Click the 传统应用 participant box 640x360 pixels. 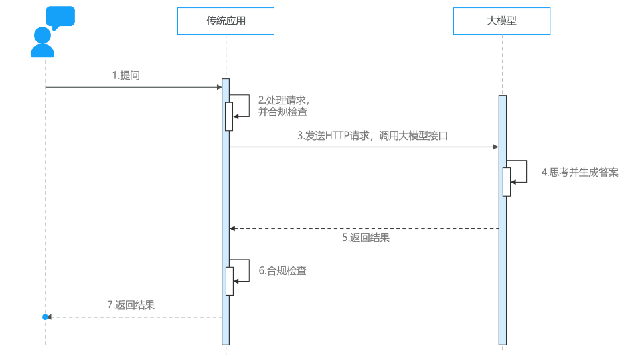226,21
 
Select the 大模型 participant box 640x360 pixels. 501,21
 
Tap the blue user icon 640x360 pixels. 43,42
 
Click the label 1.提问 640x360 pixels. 126,76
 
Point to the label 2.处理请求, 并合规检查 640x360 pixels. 283,106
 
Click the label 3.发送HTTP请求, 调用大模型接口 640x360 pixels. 372,135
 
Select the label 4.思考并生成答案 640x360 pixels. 580,172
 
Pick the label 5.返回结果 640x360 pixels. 366,237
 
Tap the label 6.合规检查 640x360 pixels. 283,270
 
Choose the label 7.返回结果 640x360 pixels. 131,305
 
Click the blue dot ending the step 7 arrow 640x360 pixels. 46,317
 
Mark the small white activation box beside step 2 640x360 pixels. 229,116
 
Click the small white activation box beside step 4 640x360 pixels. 507,181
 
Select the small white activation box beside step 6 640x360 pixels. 229,281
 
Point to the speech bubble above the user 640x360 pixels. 60,17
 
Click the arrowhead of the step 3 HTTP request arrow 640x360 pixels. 495,147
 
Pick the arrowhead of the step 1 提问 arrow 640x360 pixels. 219,87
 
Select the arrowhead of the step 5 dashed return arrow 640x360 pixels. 232,228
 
